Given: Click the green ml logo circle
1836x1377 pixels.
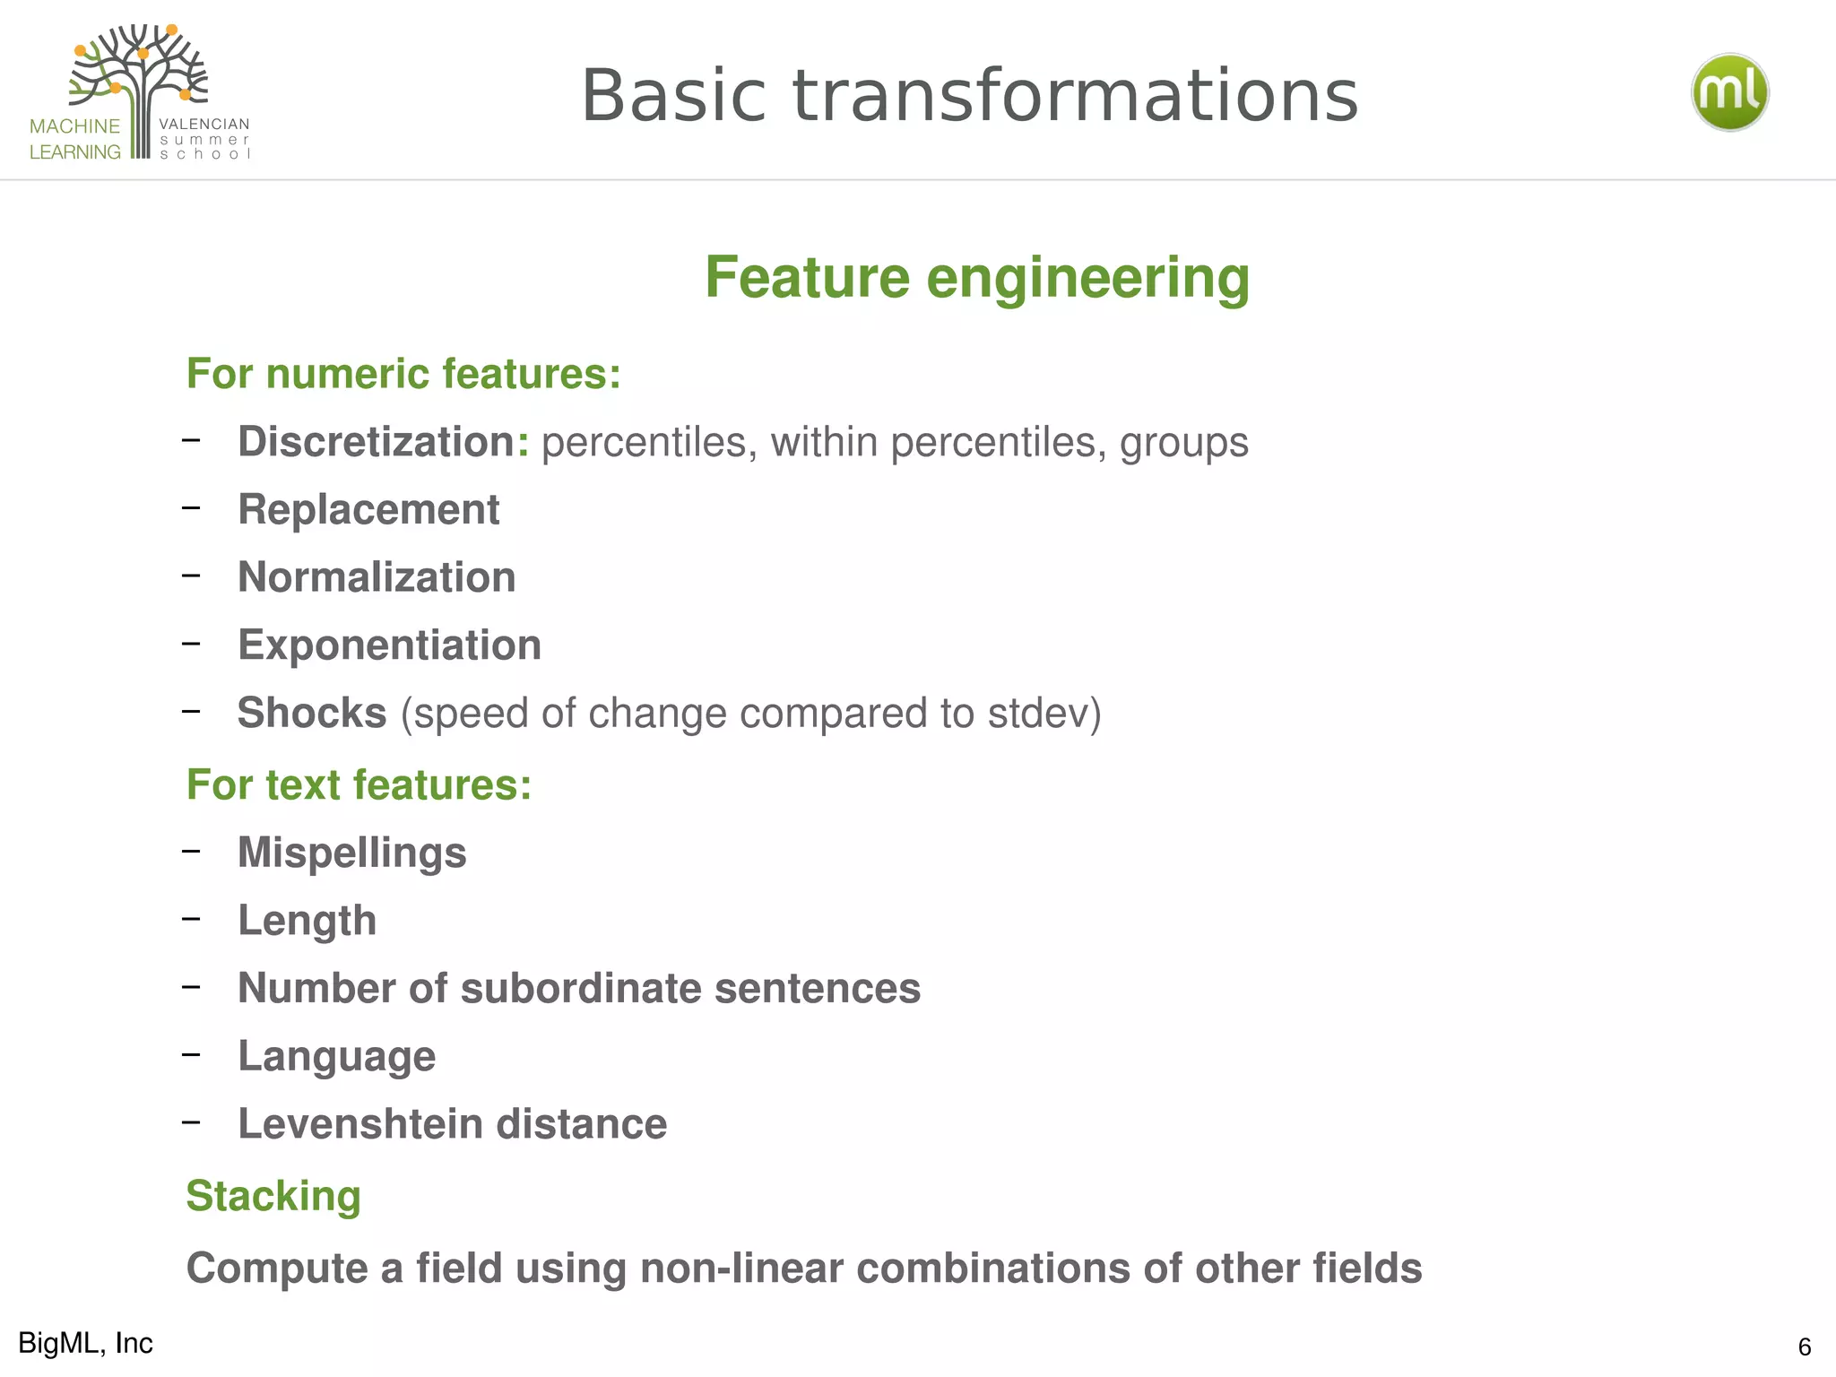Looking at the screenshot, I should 1729,92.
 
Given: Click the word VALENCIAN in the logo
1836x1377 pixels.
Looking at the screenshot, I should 204,125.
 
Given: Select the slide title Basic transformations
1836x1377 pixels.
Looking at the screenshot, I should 969,96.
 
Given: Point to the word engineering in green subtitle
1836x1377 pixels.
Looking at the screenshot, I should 1087,278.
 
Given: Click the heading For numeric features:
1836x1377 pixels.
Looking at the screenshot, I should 403,374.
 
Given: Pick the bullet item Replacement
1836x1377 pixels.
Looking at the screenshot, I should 368,509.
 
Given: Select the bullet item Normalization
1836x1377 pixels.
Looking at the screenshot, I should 377,577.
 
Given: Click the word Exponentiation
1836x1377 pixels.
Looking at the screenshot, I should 389,645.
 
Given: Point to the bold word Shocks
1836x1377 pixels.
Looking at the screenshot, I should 311,714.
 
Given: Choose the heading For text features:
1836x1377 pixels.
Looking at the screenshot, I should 359,785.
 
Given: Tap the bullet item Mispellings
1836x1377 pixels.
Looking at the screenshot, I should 351,853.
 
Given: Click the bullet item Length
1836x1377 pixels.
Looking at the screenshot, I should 307,921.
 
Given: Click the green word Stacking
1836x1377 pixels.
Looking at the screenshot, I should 273,1196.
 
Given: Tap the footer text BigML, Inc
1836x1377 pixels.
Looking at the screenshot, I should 85,1343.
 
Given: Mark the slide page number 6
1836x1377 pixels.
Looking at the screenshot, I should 1804,1347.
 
